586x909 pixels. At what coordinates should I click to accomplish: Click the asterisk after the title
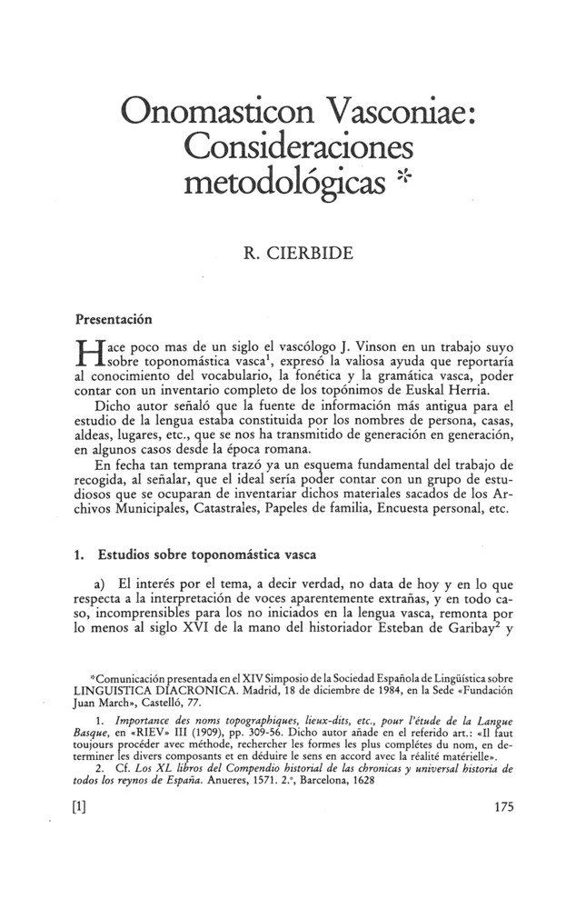pos(404,175)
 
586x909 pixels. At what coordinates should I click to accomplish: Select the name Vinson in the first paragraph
pos(364,346)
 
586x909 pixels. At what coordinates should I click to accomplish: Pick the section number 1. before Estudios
pos(79,550)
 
